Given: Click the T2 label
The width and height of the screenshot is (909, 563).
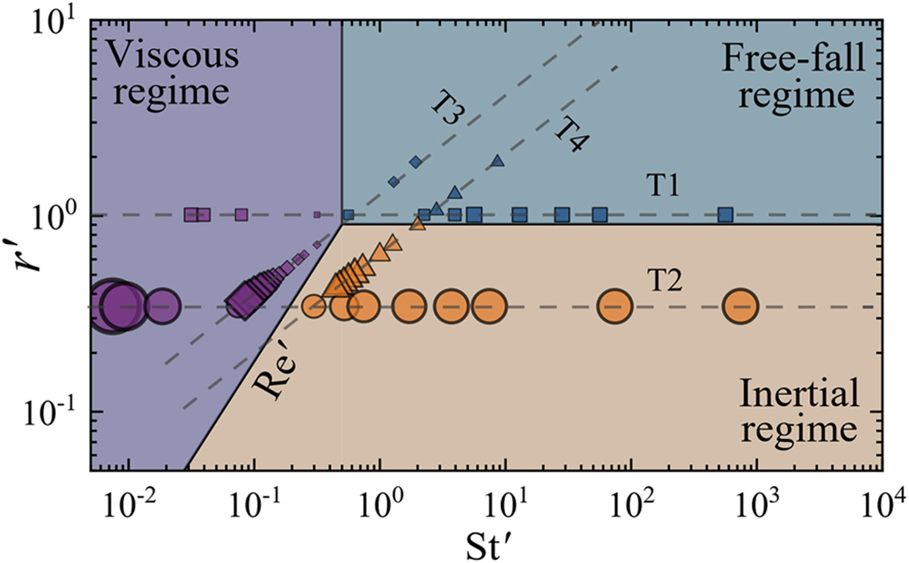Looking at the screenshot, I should click(x=665, y=280).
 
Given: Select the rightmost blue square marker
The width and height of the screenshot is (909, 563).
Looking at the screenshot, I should click(x=725, y=215).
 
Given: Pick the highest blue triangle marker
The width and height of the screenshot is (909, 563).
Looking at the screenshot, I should click(x=497, y=161).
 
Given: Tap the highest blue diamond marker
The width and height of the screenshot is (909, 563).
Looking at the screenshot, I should click(x=416, y=162).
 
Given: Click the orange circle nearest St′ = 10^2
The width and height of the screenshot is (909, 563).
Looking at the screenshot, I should click(x=615, y=306).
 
